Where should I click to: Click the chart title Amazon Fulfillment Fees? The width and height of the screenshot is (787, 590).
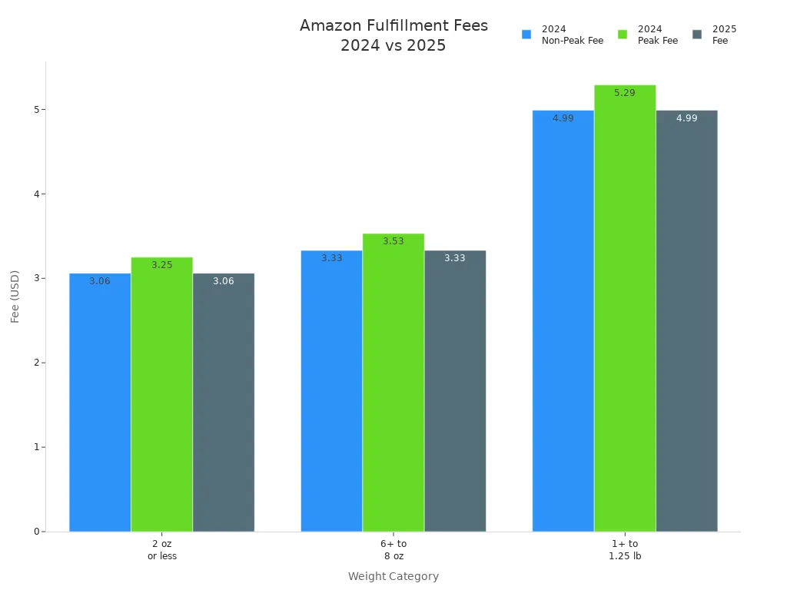[393, 26]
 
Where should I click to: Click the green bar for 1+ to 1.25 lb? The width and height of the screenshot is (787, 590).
[625, 308]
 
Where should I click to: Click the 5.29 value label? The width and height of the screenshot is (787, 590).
[625, 93]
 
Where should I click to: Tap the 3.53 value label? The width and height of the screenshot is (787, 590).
[393, 241]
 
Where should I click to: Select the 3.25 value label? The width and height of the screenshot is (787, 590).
[161, 265]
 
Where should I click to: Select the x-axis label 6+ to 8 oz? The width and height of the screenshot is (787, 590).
[393, 549]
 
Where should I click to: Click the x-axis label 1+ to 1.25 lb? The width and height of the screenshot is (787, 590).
[625, 549]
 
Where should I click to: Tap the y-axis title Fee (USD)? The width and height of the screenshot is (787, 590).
[15, 296]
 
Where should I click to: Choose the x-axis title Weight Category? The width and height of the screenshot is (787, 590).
[393, 576]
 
